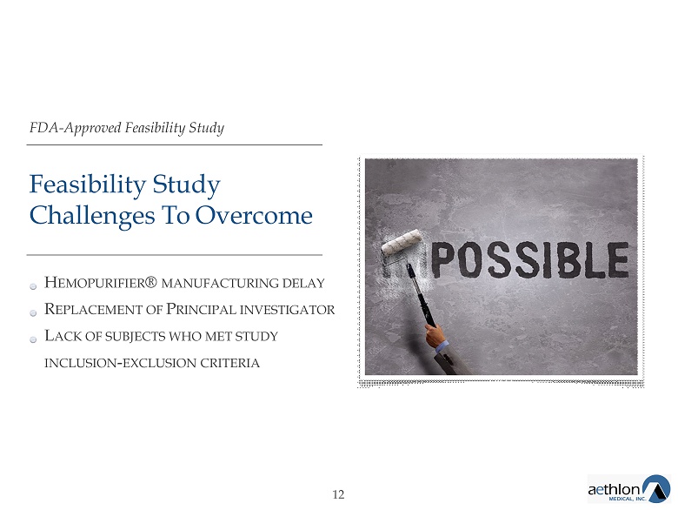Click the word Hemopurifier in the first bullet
[x=95, y=283]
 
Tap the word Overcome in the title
[x=254, y=215]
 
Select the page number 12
[x=338, y=494]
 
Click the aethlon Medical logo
[x=628, y=489]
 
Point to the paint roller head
[x=402, y=243]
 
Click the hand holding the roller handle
[x=435, y=335]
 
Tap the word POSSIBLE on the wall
[x=530, y=259]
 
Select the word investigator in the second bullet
[x=287, y=310]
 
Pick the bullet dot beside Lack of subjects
[x=33, y=340]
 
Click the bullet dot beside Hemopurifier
[x=33, y=286]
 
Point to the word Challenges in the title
[x=92, y=216]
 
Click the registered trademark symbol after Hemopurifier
[x=151, y=281]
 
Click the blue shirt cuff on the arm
[x=442, y=346]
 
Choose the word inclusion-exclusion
[x=121, y=363]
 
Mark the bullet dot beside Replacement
[x=33, y=313]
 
